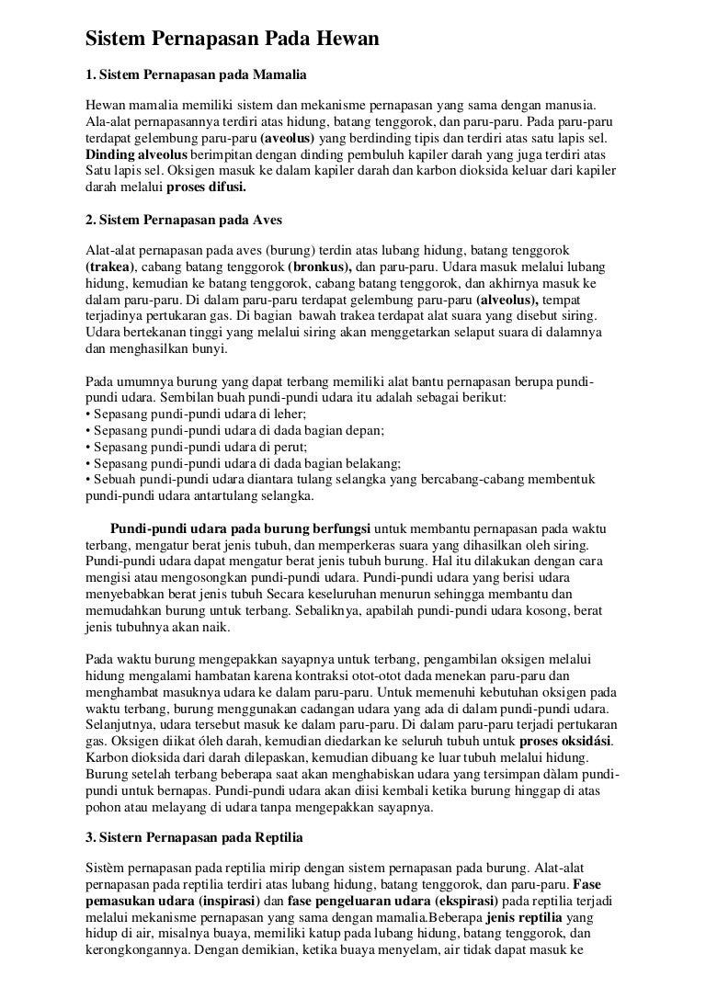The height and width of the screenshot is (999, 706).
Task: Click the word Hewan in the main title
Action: [x=341, y=39]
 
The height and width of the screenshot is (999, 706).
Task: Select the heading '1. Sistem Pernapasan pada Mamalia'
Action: [x=196, y=73]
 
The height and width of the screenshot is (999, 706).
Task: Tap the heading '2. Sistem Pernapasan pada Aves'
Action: [x=183, y=222]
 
